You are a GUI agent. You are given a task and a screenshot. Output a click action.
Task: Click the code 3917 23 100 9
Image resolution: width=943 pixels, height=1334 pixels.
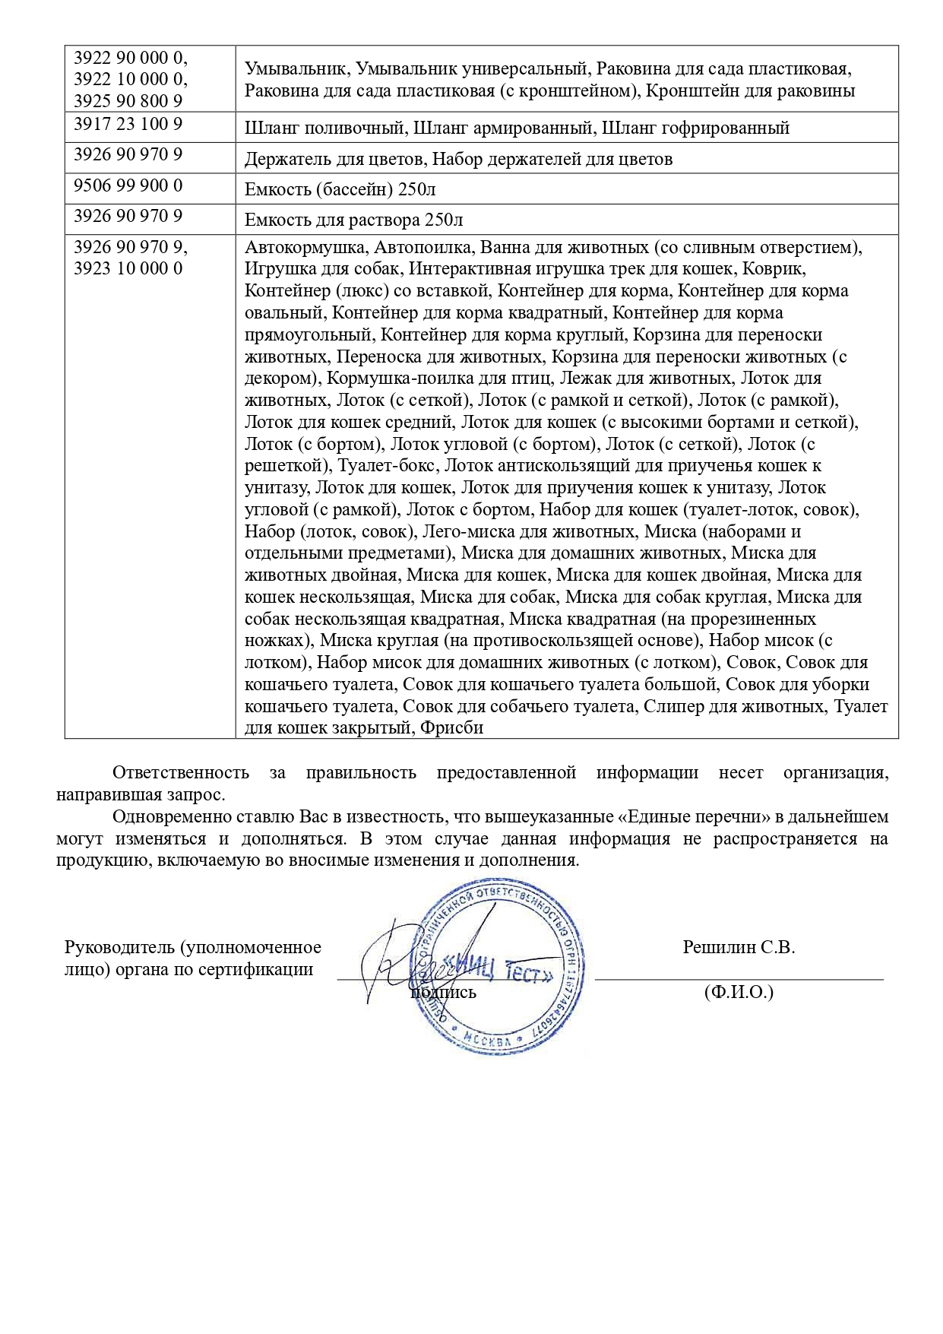(x=128, y=124)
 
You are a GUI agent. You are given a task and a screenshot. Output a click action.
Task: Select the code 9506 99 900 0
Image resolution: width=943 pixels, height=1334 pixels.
(x=128, y=185)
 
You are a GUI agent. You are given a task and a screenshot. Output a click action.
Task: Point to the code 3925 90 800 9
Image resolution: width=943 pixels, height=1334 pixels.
(x=128, y=101)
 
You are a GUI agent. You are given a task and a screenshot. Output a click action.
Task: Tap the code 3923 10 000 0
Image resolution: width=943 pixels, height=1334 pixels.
(x=128, y=268)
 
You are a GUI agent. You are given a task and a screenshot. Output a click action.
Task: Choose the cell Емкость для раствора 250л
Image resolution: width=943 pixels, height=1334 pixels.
(x=353, y=220)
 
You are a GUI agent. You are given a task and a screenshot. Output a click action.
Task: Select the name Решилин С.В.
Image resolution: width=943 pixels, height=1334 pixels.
(x=739, y=947)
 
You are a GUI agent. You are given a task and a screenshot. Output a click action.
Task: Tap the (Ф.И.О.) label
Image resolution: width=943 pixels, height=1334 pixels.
(x=739, y=992)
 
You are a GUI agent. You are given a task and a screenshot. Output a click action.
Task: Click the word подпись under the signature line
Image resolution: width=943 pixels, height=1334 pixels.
(x=444, y=992)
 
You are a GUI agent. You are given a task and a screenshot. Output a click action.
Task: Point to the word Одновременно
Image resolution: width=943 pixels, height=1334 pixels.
(x=168, y=817)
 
